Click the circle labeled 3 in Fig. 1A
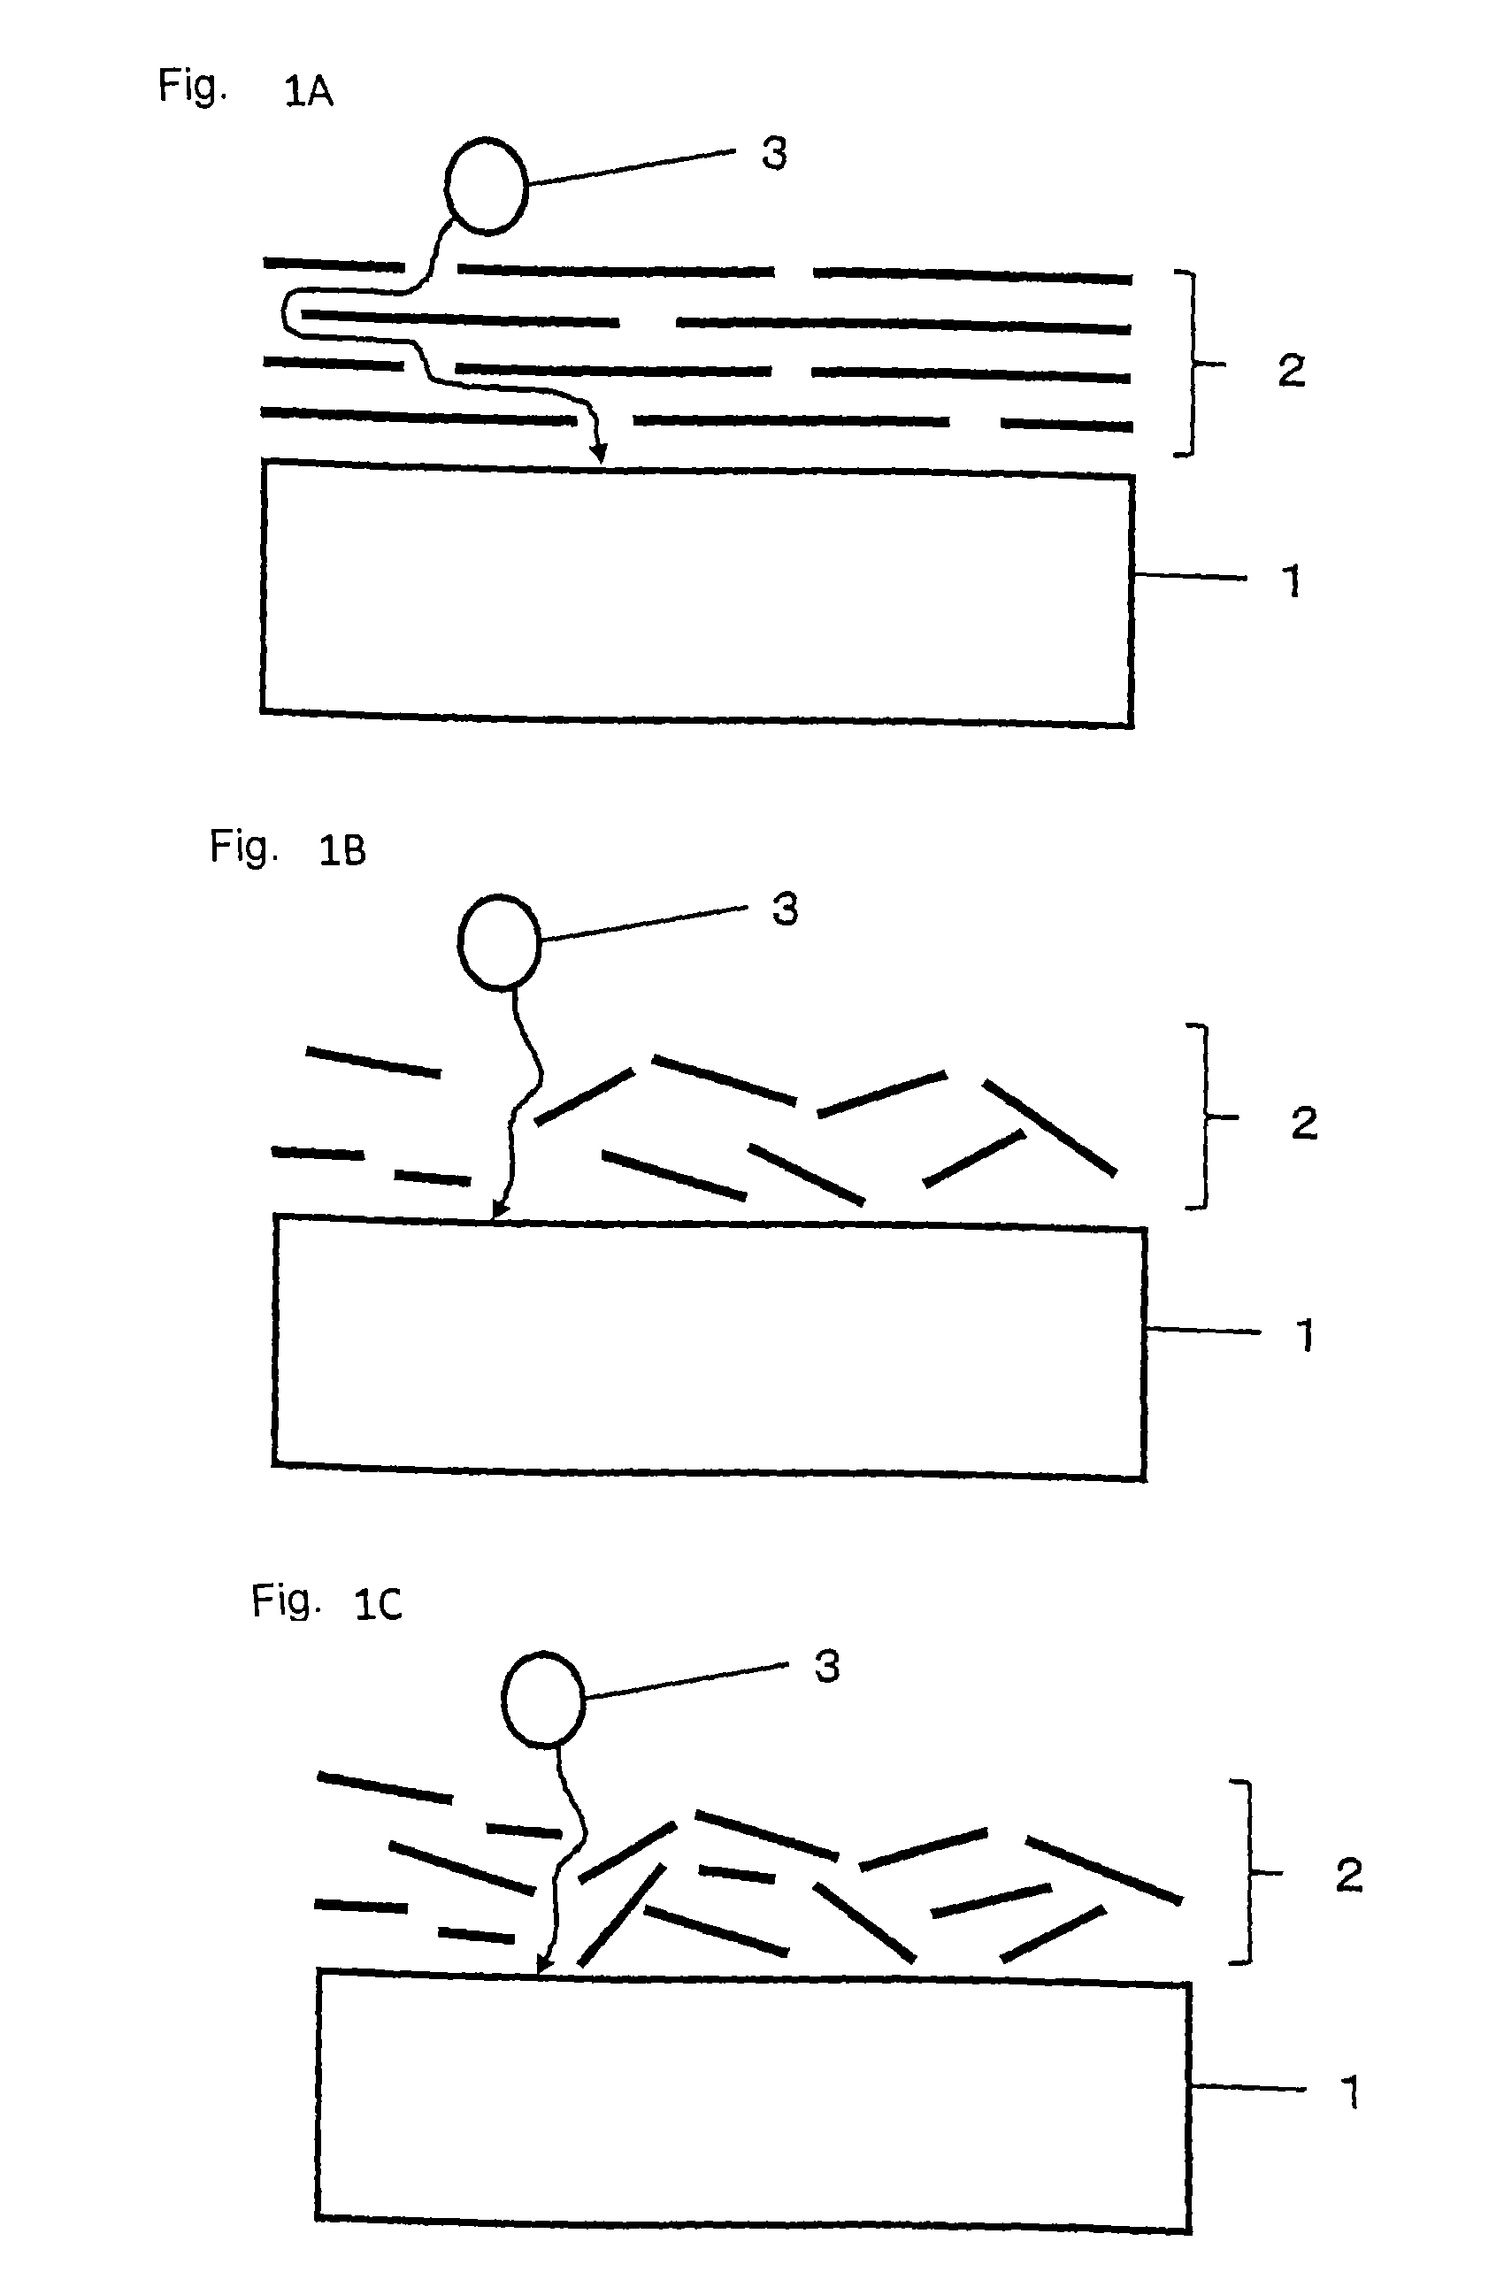coord(486,186)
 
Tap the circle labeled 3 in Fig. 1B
coord(498,942)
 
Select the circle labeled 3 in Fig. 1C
coord(543,1698)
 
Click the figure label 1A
coord(309,92)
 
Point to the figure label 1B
coord(342,850)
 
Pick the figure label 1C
coord(378,1605)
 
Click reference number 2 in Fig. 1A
coord(1291,371)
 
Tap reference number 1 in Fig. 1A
coord(1292,580)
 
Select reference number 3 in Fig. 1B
coord(785,910)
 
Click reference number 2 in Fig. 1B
coord(1303,1124)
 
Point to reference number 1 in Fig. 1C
coord(1350,2092)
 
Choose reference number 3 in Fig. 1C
coord(827,1666)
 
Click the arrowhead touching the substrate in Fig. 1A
coord(600,453)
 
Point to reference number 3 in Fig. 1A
coord(774,153)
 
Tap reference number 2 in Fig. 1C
coord(1347,1876)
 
